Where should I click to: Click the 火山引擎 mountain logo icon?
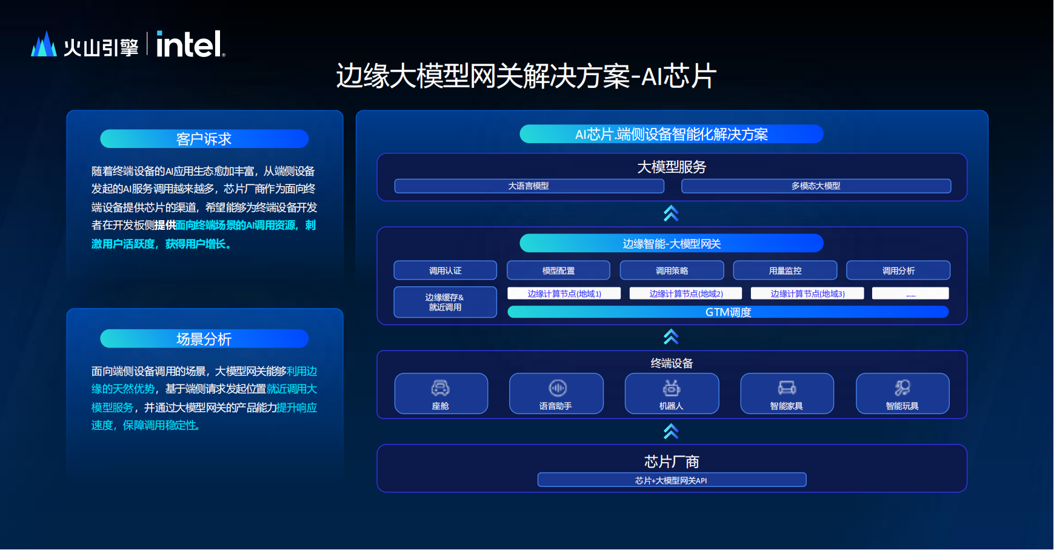click(44, 44)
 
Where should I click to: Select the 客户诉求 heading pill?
click(204, 139)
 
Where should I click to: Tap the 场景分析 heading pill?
click(204, 339)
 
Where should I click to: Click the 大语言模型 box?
click(529, 186)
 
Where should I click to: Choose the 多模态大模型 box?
click(816, 186)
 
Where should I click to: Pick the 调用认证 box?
click(445, 270)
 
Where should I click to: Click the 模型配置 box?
click(558, 270)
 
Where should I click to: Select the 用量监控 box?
click(785, 270)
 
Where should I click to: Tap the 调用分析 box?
click(898, 270)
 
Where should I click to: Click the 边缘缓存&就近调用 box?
click(445, 302)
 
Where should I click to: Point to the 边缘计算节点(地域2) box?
click(686, 293)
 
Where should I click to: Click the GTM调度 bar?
click(728, 312)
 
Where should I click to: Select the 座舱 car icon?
click(440, 387)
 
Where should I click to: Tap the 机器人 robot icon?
click(672, 387)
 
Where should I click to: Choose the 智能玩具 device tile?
click(902, 394)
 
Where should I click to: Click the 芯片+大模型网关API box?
click(672, 480)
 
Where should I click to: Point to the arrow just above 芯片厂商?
click(671, 431)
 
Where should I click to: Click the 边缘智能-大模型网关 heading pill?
click(672, 243)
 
